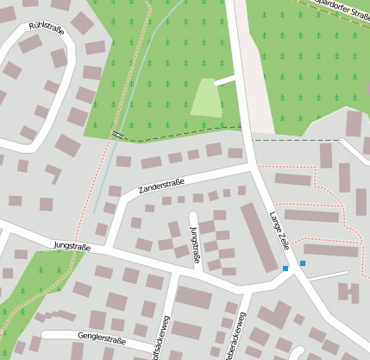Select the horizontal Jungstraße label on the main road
coord(72,246)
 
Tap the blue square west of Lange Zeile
coord(285,269)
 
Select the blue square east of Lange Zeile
coord(303,262)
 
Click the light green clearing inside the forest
coord(204,98)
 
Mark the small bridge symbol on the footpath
coord(116,134)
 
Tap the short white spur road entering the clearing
coord(225,80)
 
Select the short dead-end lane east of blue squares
coord(328,275)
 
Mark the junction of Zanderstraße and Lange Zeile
coord(251,166)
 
